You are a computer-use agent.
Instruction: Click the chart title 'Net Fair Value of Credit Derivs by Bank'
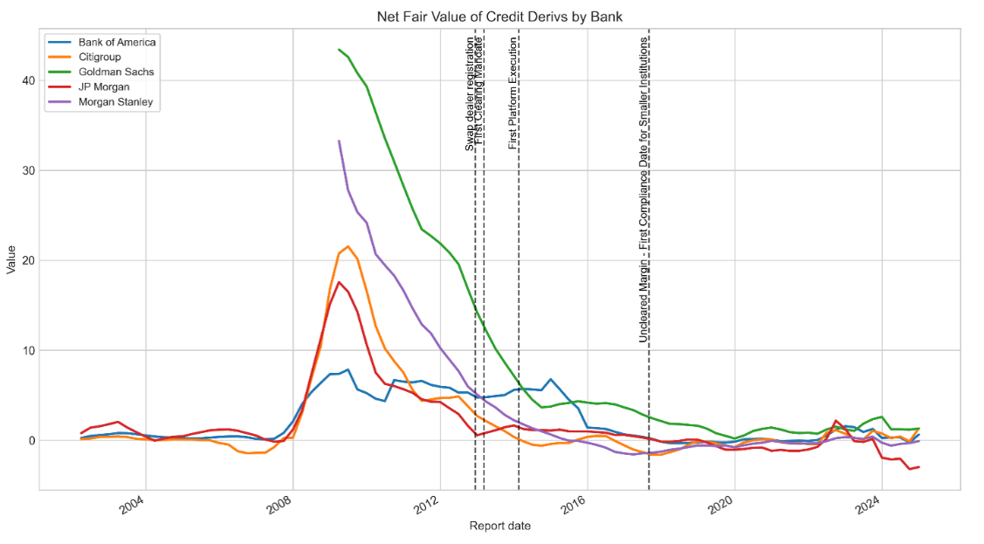pyautogui.click(x=499, y=17)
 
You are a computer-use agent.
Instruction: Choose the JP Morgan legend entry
pyautogui.click(x=103, y=86)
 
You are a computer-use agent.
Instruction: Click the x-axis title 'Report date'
pyautogui.click(x=499, y=526)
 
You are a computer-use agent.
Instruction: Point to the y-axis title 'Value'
pyautogui.click(x=11, y=260)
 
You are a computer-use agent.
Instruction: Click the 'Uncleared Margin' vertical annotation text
pyautogui.click(x=643, y=189)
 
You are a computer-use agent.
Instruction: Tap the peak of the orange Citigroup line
pyautogui.click(x=347, y=246)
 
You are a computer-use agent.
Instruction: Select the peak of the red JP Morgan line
pyautogui.click(x=340, y=282)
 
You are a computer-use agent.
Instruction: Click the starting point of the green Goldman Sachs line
pyautogui.click(x=339, y=50)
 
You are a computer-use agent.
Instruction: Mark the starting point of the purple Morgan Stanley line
pyautogui.click(x=339, y=141)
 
